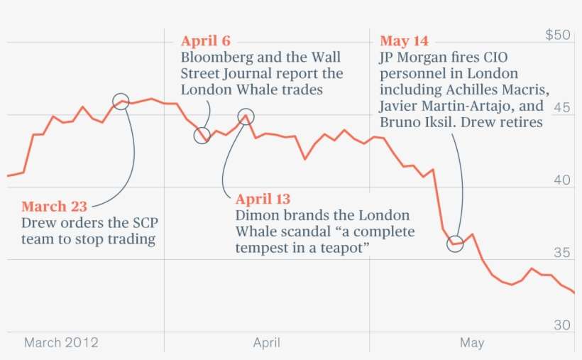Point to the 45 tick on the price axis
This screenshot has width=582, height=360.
562,107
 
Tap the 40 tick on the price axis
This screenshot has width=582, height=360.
562,180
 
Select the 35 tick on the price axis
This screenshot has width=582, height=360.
562,253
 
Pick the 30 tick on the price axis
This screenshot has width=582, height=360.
562,325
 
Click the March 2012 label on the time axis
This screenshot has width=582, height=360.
61,343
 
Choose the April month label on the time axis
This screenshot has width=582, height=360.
266,343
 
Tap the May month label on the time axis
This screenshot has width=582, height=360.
471,343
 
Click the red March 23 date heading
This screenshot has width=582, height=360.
54,207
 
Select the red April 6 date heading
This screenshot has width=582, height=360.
205,41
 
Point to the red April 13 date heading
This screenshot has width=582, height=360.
263,200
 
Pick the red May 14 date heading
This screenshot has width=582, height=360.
404,41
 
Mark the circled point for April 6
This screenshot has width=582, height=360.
202,136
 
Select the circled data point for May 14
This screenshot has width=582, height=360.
455,244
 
